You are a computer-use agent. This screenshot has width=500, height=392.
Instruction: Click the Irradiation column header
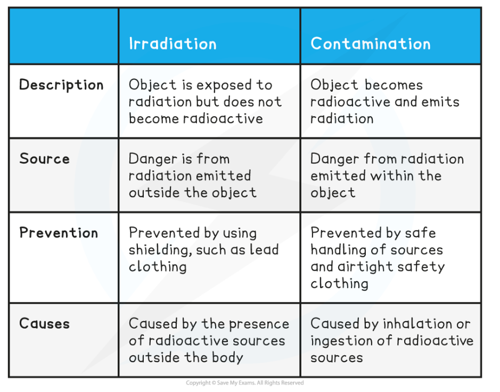pyautogui.click(x=173, y=43)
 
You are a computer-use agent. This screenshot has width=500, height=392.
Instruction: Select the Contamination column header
pyautogui.click(x=371, y=43)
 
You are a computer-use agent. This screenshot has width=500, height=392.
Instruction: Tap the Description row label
pyautogui.click(x=61, y=85)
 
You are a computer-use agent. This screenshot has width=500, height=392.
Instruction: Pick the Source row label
pyautogui.click(x=44, y=159)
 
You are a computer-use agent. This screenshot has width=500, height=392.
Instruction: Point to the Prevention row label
pyautogui.click(x=59, y=233)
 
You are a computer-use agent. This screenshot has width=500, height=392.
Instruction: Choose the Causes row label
pyautogui.click(x=44, y=323)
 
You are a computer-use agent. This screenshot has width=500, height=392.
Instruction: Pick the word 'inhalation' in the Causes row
pyautogui.click(x=417, y=323)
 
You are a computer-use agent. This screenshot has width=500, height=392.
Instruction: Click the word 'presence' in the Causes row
pyautogui.click(x=259, y=324)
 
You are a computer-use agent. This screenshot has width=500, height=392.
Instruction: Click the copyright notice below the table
pyautogui.click(x=244, y=383)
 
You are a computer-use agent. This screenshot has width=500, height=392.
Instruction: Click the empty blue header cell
pyautogui.click(x=64, y=36)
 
